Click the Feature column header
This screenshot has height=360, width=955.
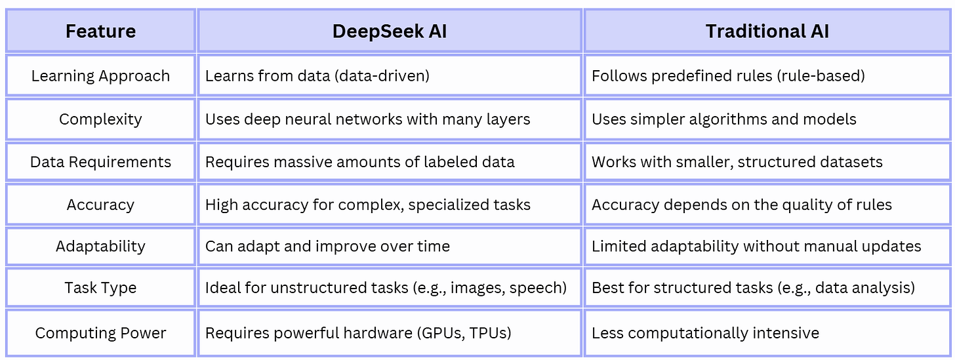click(x=100, y=31)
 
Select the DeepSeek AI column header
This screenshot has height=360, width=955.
click(x=390, y=31)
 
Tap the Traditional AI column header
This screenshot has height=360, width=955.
click(x=767, y=31)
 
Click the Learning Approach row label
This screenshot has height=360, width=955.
click(x=100, y=76)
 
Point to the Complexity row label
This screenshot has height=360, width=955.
click(x=100, y=119)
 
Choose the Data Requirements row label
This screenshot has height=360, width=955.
click(x=100, y=162)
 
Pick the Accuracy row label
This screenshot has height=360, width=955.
click(x=100, y=205)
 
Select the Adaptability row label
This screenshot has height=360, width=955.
click(x=100, y=247)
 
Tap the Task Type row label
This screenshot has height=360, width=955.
click(x=100, y=288)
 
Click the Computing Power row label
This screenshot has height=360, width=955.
click(x=100, y=333)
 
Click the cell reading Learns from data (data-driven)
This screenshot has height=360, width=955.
click(x=317, y=76)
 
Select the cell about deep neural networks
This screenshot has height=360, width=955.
click(x=367, y=119)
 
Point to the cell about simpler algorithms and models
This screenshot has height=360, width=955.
click(x=723, y=119)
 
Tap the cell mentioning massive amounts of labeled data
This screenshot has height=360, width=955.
click(x=359, y=162)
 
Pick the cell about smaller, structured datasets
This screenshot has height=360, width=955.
click(x=737, y=162)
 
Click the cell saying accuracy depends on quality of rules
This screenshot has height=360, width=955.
click(x=741, y=205)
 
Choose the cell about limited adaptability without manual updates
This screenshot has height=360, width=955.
click(x=756, y=247)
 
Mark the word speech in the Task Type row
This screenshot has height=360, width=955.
click(x=538, y=289)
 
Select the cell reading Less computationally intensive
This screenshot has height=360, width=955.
click(x=705, y=333)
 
